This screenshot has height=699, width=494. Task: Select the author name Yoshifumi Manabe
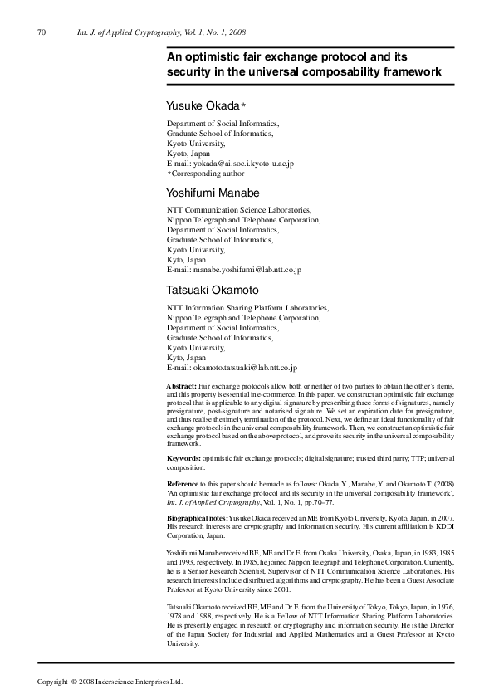pos(213,193)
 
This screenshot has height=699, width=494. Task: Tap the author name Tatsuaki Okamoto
pos(213,290)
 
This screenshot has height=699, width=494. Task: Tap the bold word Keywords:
pos(183,458)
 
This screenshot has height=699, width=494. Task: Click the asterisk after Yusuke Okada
pos(244,105)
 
